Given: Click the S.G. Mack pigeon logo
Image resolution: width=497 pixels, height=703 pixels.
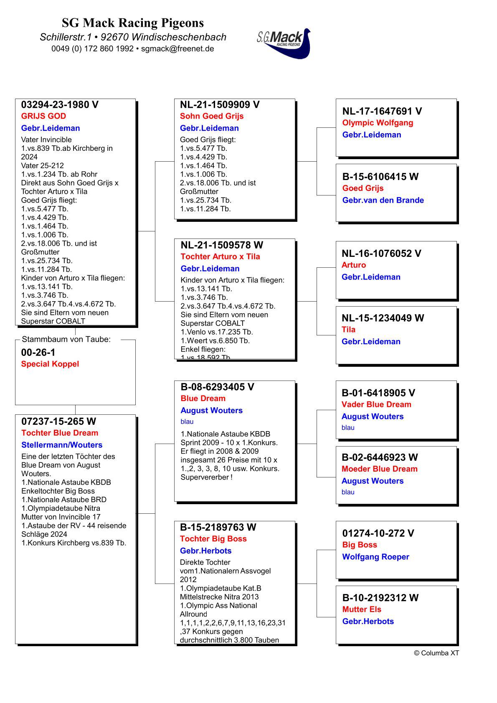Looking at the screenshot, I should point(284,43).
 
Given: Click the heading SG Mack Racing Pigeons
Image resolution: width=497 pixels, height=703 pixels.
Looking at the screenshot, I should point(133,23).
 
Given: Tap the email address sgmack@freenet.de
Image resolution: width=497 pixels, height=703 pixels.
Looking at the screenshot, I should point(177,48).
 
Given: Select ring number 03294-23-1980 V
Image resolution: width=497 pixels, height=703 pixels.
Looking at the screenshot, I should point(60,105).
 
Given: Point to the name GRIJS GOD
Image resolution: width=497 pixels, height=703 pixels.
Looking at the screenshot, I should point(43,116).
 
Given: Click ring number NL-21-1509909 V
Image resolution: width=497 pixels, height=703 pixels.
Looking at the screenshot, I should point(220,105).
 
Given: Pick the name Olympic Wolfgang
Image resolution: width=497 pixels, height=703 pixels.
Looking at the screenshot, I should point(378,123).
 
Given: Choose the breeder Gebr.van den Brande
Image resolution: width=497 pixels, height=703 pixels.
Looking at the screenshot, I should point(383,200).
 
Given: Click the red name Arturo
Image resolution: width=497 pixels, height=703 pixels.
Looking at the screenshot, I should point(354,265).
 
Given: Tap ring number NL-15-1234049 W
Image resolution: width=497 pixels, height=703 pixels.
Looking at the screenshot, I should point(383,318).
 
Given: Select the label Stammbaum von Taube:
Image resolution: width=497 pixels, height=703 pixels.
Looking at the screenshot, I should point(66,339).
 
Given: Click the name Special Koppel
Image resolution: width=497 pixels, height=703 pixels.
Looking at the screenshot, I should point(50,364).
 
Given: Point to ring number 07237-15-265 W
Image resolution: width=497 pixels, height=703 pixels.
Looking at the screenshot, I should point(59,421).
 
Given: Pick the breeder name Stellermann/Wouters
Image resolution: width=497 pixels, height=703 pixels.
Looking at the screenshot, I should point(62,445).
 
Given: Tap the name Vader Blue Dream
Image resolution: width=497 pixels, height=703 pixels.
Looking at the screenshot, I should point(376,404).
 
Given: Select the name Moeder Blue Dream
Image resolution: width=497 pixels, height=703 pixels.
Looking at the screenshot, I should point(379,469).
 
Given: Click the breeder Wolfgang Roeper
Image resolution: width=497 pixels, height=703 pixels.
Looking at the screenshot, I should point(375,557).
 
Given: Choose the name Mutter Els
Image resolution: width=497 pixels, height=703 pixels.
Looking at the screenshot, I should point(362,609).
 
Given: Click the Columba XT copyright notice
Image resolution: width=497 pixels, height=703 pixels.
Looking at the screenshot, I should point(436,653).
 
